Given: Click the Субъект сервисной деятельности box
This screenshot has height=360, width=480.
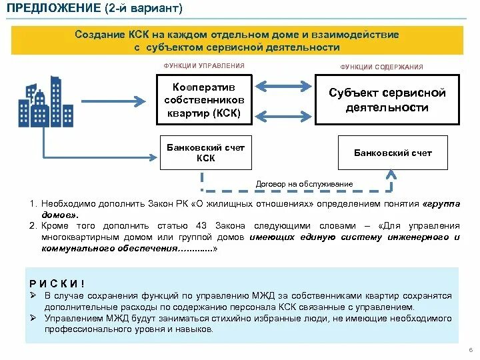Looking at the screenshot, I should pyautogui.click(x=387, y=100).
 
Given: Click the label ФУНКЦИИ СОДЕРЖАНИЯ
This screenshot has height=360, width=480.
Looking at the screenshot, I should pyautogui.click(x=381, y=67).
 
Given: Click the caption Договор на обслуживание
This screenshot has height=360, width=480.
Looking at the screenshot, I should pyautogui.click(x=305, y=183).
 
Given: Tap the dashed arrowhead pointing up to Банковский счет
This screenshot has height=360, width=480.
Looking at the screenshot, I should pyautogui.click(x=393, y=175).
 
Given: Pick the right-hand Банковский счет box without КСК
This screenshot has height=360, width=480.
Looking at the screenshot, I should pyautogui.click(x=392, y=153).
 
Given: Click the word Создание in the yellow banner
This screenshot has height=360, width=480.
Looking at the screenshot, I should pyautogui.click(x=99, y=35).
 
